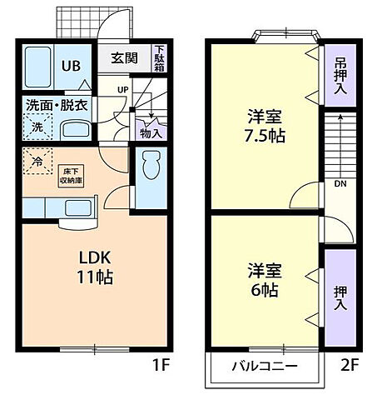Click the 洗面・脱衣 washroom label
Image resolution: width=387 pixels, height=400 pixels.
tap(57, 105)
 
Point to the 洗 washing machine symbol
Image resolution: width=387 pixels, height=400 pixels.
tap(37, 127)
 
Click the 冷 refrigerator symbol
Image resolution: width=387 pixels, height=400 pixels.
tap(37, 156)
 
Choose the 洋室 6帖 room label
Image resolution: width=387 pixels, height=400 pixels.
tap(265, 281)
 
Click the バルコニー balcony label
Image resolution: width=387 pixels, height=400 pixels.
tap(263, 365)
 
